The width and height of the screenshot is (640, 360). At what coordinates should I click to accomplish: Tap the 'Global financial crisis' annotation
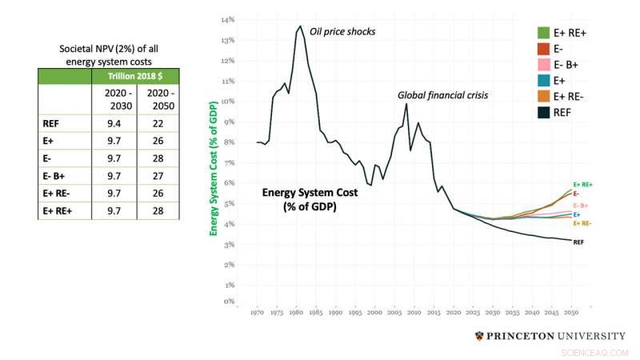[x=443, y=95]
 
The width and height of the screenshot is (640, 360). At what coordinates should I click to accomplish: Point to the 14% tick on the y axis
[x=228, y=20]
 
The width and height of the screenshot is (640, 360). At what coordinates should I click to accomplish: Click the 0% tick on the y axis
[x=229, y=302]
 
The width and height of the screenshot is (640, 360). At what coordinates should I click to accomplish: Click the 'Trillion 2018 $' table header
[x=135, y=76]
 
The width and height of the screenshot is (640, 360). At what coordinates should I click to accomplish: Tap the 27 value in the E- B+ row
[x=158, y=176]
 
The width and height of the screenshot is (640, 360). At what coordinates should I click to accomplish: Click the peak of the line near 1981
[x=300, y=26]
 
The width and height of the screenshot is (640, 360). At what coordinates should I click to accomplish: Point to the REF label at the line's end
[x=580, y=241]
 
